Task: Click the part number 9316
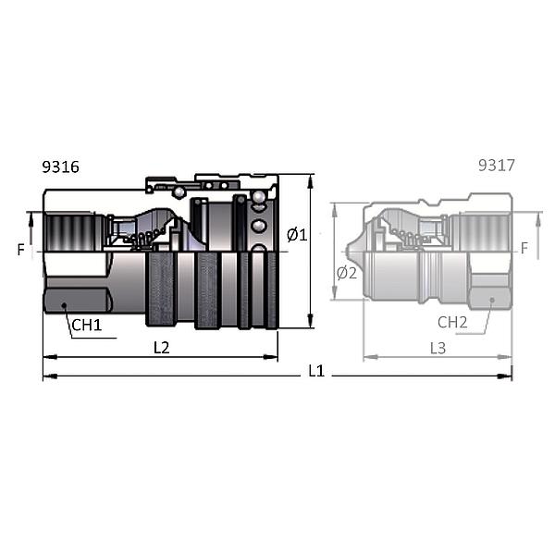60,166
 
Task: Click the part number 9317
496,166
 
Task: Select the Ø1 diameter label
297,235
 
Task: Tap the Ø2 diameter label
347,273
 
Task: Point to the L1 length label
316,371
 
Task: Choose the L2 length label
161,348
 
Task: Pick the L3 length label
438,349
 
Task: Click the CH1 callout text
87,325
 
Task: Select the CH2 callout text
452,322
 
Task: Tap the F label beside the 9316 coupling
21,250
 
